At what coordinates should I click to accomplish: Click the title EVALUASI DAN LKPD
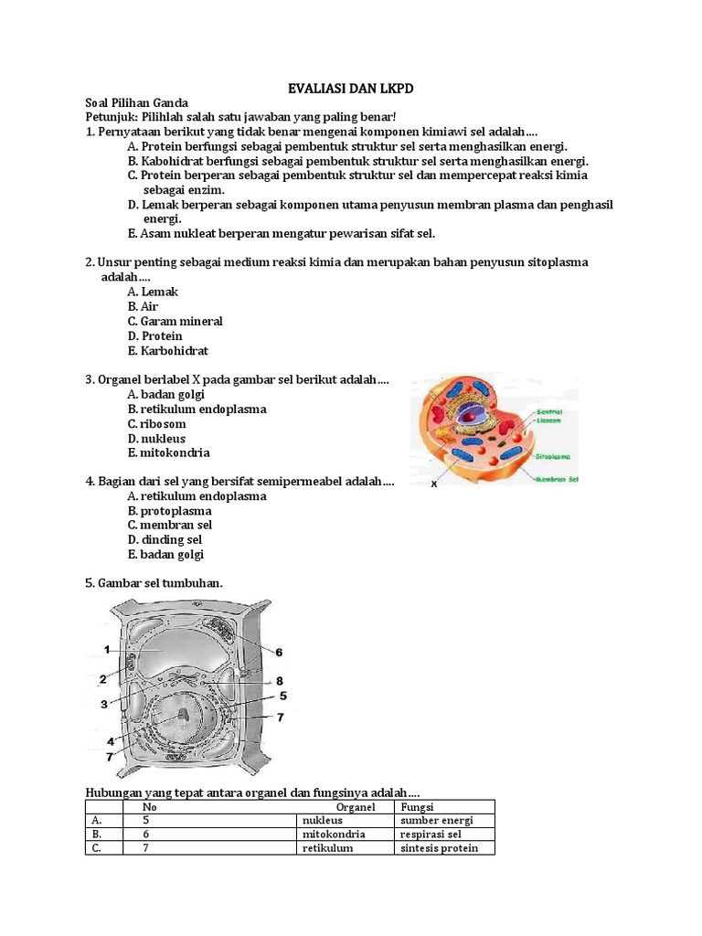(351, 88)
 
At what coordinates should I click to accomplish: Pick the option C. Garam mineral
(175, 322)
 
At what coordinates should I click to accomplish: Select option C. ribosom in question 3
(157, 424)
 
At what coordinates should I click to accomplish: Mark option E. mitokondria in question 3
(169, 452)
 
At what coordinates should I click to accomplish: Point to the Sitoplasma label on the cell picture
(553, 454)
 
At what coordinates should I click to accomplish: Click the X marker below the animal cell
(434, 484)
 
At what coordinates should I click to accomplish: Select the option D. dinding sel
(165, 540)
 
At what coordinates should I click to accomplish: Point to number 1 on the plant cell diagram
(107, 649)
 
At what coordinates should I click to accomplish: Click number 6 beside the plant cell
(279, 652)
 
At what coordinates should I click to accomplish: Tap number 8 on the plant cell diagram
(280, 681)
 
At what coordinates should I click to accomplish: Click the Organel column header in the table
(356, 807)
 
